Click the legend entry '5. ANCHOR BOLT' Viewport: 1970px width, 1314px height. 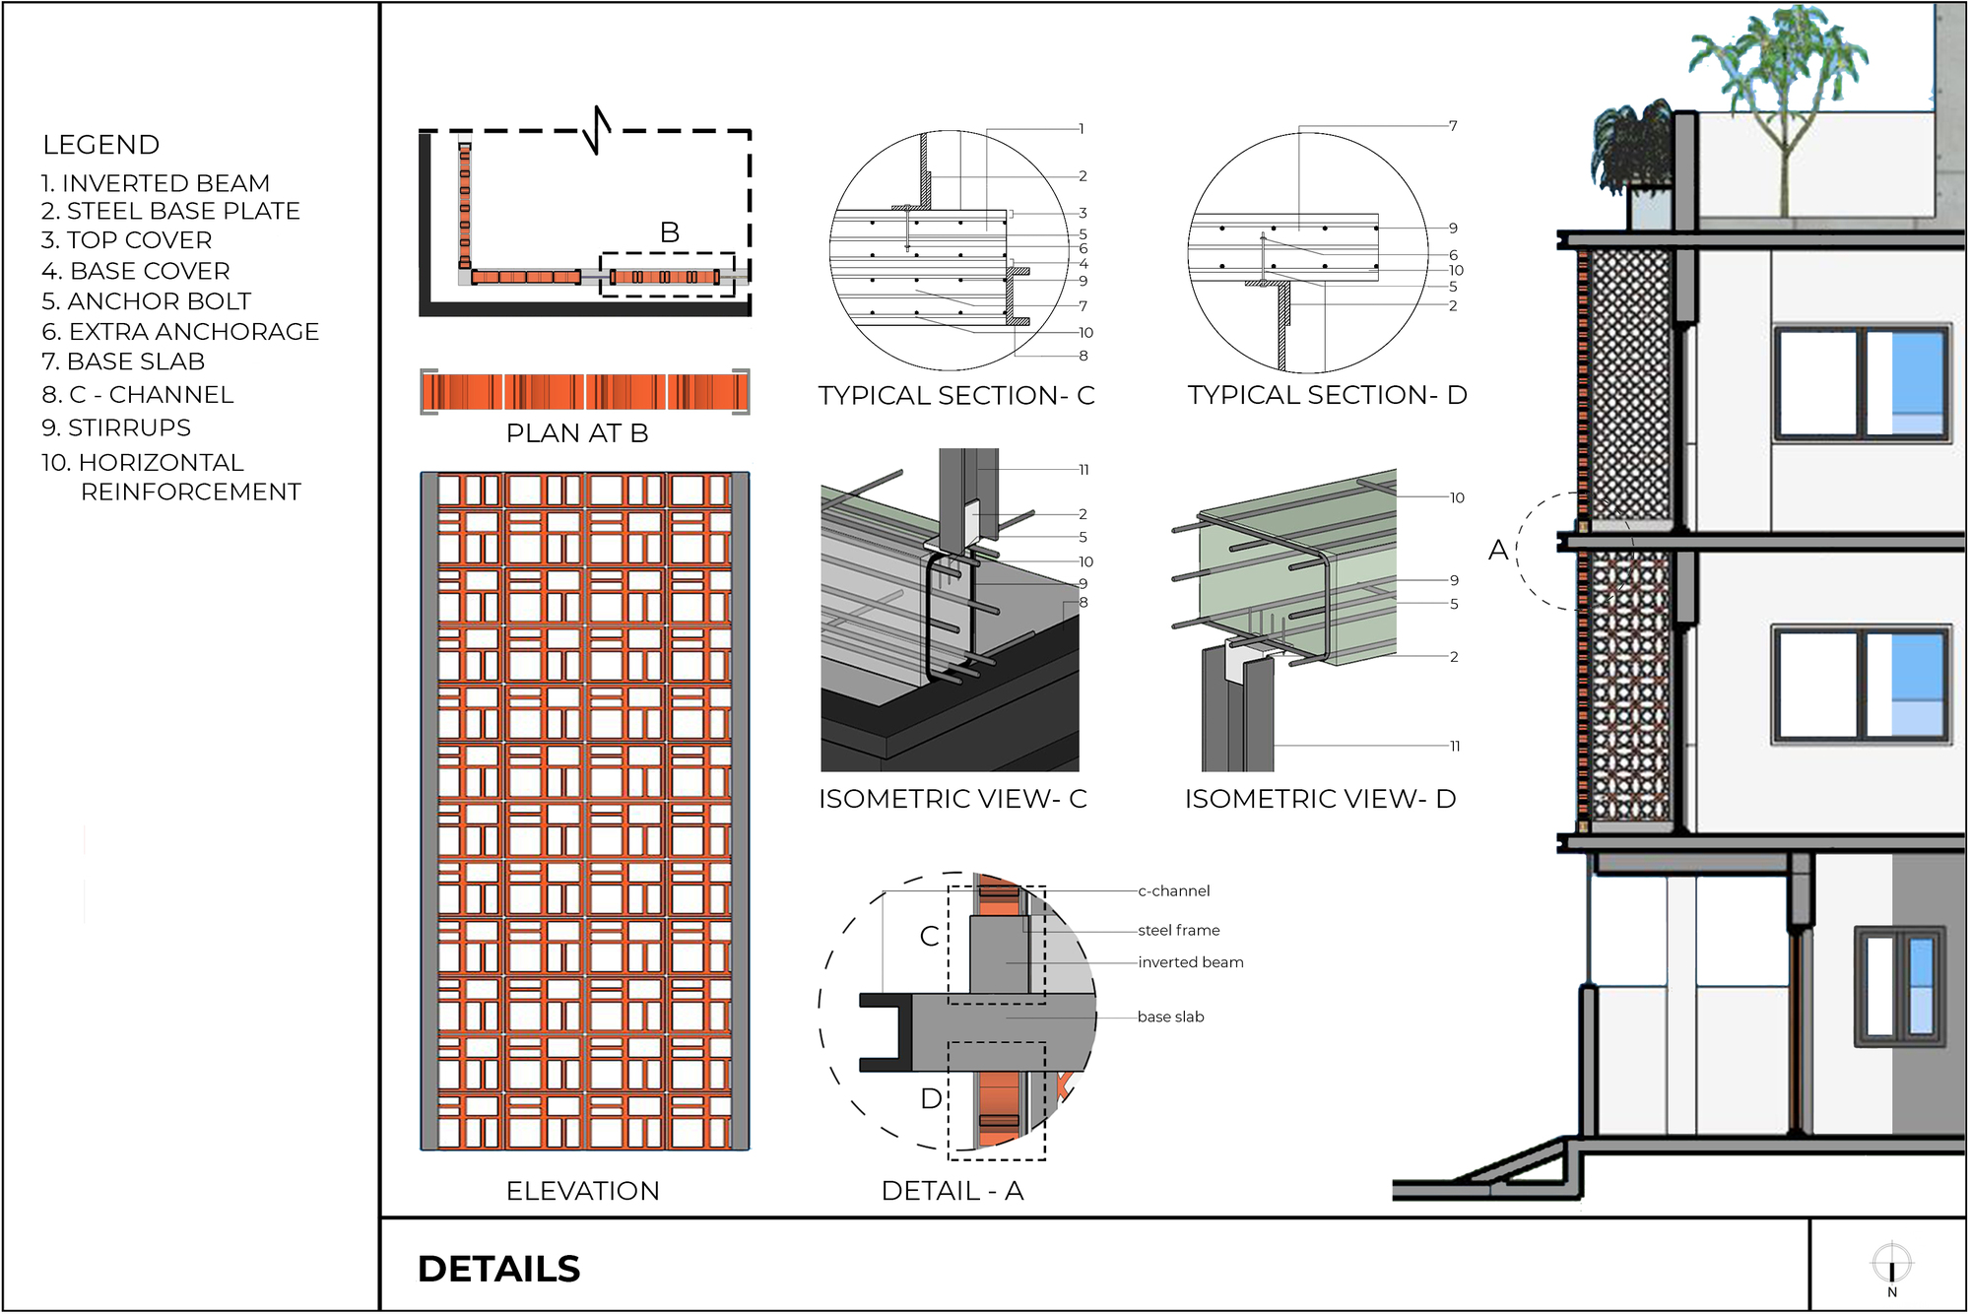146,301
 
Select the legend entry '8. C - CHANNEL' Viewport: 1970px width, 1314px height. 137,395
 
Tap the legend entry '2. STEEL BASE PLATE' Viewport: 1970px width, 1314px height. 170,211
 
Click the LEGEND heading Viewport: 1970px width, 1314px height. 100,145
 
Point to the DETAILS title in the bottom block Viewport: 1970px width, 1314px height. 498,1269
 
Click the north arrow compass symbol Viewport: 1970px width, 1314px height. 1891,1265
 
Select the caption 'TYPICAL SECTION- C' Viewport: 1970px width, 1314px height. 955,396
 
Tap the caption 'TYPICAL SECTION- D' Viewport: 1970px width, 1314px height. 1327,395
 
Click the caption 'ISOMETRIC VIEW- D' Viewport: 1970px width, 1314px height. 1320,799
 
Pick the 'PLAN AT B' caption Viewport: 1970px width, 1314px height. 577,433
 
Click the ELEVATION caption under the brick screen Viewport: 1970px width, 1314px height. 582,1191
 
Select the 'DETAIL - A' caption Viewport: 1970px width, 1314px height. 952,1191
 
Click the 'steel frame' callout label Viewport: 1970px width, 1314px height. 1178,930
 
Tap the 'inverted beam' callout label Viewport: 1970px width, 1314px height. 1190,962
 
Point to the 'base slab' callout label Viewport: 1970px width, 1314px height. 1170,1017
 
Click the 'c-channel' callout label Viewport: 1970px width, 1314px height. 1173,890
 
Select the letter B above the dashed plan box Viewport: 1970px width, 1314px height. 670,232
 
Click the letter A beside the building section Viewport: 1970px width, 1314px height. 1498,550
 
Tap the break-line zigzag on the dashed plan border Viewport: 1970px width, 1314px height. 597,130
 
